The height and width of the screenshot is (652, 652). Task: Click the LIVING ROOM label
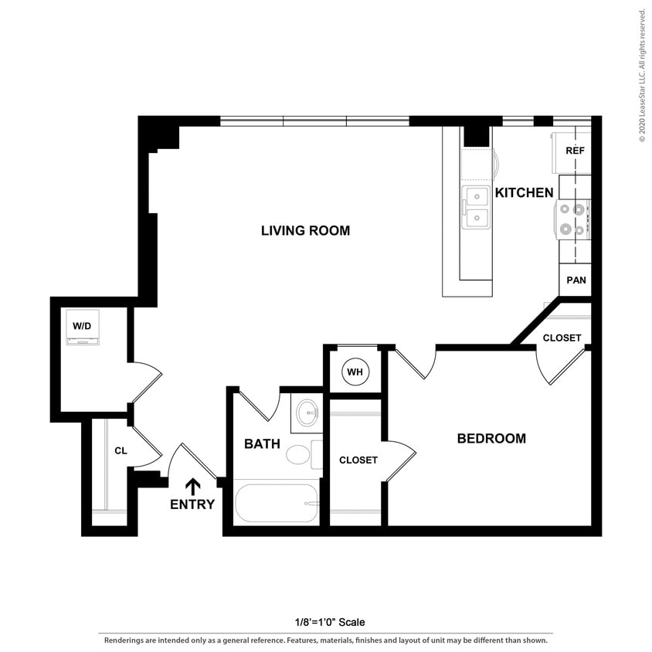tap(305, 230)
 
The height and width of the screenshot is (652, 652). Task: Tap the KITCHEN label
tap(524, 192)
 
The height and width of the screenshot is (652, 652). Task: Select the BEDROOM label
tap(491, 438)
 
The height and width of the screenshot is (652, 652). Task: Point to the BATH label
tap(262, 443)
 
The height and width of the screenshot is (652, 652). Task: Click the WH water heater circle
tap(355, 372)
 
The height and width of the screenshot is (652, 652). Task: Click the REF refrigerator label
tap(575, 151)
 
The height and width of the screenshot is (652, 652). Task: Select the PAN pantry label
tap(576, 280)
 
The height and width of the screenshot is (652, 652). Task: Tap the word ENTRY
tap(192, 505)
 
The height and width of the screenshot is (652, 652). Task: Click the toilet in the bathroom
tap(299, 453)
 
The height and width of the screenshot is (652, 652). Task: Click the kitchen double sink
tap(475, 208)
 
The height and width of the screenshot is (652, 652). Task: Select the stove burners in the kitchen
tap(572, 218)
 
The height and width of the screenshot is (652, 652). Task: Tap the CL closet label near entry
tap(121, 450)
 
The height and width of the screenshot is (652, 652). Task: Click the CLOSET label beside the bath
tap(358, 460)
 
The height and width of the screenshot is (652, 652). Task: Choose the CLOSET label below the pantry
tap(562, 338)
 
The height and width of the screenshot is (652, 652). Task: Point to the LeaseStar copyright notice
tap(642, 75)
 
